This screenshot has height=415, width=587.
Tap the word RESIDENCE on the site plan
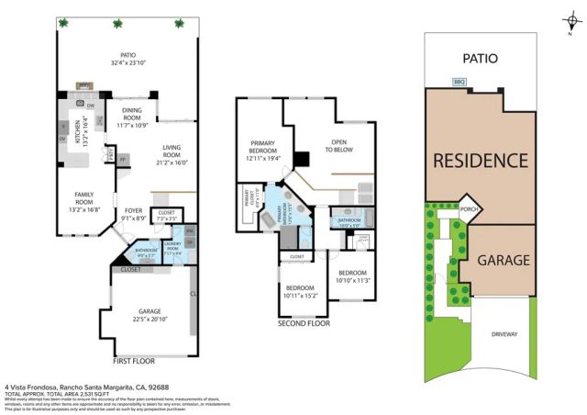coord(480,161)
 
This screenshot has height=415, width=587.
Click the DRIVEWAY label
coord(504,334)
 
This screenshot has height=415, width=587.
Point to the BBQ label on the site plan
coord(459,82)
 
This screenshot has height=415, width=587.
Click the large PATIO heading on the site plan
coord(480,58)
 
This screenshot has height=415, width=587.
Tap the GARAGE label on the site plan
coord(503,260)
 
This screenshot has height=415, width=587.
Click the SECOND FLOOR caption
coord(305,324)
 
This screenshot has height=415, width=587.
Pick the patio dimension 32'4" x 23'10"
coord(127,62)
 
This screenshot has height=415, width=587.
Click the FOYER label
coord(133,214)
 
